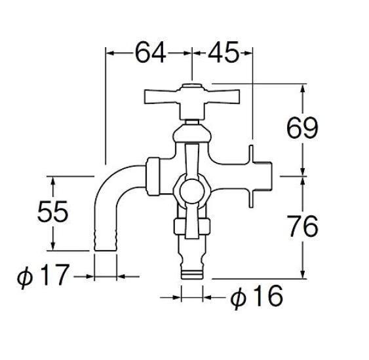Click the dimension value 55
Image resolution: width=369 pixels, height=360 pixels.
[52, 213]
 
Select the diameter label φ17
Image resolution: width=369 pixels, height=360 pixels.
[43, 276]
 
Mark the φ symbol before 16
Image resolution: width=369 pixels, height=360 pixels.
[239, 298]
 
